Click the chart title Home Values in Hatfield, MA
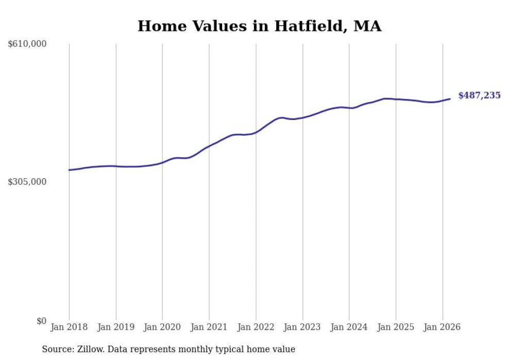click(259, 26)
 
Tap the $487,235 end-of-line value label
click(479, 95)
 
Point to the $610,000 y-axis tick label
click(27, 44)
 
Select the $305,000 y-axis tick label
click(27, 182)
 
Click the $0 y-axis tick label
click(41, 321)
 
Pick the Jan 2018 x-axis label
click(69, 327)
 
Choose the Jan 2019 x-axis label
click(116, 327)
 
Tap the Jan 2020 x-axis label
click(162, 327)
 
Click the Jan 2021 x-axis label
click(209, 327)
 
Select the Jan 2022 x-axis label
click(256, 327)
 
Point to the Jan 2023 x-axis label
click(302, 327)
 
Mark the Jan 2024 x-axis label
click(349, 327)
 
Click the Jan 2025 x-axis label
click(396, 327)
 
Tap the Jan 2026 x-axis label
click(442, 327)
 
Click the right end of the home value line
click(450, 99)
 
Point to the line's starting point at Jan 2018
click(69, 170)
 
